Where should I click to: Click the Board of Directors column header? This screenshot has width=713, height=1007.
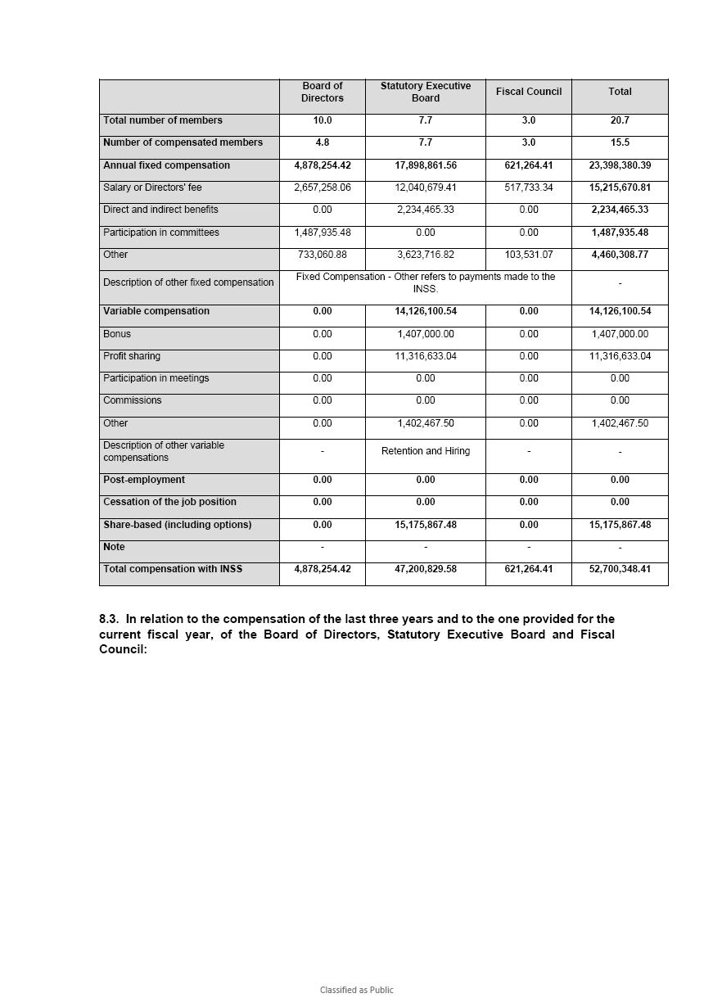coord(323,92)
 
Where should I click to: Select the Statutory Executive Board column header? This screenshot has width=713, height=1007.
coord(425,92)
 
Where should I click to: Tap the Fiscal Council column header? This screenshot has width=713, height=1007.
coord(528,92)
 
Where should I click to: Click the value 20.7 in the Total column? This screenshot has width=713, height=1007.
coord(620,120)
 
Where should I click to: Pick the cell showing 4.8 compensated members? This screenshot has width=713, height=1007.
coord(323,142)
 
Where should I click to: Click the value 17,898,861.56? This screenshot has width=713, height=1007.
coord(425,165)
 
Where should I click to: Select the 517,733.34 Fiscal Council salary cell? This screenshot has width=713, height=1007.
coord(528,187)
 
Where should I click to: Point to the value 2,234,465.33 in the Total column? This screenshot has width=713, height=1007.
coord(620,210)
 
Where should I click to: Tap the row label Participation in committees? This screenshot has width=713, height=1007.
coord(161,233)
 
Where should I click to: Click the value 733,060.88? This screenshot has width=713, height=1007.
coord(323,255)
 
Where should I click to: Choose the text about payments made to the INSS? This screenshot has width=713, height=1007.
coord(425,282)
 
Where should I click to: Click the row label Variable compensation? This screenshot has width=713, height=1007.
coord(156,311)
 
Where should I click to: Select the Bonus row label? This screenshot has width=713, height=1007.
coord(117,334)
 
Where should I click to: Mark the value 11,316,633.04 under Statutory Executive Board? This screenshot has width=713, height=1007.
coord(425,356)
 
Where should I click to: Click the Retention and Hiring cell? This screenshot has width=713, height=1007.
coord(425,451)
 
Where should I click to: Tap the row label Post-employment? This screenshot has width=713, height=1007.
coord(144,480)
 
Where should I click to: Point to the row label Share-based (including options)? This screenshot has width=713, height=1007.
coord(178,525)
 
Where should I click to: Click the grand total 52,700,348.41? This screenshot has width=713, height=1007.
coord(620,569)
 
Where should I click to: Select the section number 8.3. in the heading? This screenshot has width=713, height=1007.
coord(110,619)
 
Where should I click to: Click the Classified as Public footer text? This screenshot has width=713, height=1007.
coord(356,990)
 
